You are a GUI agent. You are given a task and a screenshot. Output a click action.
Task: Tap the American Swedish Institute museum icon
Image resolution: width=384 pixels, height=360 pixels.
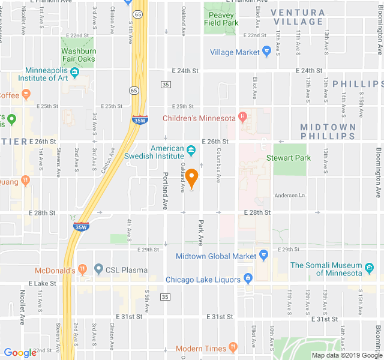191,149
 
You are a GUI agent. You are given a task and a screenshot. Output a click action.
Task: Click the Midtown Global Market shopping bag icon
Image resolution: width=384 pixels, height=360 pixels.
263,256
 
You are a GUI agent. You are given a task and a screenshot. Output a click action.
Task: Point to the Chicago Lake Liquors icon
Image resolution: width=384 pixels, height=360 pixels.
247,280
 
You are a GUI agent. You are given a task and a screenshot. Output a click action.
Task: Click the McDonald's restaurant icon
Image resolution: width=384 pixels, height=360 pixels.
83,270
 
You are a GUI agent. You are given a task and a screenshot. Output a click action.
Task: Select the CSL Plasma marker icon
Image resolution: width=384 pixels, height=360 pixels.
99,270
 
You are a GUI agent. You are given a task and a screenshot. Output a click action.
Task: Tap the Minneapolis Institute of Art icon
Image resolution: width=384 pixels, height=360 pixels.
75,73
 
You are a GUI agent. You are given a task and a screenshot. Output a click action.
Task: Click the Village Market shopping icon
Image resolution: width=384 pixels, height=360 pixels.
266,52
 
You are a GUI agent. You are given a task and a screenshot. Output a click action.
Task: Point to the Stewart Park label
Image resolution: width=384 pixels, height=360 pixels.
289,158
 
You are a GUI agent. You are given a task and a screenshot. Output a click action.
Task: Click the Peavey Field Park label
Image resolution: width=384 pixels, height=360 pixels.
221,18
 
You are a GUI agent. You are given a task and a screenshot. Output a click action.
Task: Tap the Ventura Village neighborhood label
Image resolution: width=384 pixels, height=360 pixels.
298,17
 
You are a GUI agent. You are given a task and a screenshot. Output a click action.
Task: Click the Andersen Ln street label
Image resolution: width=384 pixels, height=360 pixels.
289,195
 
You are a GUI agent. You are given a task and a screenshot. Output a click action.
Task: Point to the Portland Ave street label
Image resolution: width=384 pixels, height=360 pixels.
166,191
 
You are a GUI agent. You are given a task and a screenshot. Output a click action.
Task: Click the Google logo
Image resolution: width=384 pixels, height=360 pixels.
20,353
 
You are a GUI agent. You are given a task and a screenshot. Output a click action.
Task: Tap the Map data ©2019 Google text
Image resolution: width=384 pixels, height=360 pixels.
346,355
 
